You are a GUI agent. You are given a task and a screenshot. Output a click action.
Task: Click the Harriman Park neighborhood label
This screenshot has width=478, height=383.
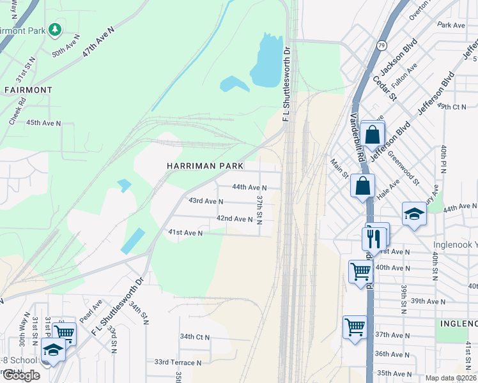204,166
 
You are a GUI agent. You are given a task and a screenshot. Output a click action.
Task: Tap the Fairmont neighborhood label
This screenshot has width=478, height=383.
28,90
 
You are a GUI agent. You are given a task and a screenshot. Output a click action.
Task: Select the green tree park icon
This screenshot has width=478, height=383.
56,29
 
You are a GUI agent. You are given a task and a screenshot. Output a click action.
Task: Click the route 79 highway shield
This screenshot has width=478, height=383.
382,45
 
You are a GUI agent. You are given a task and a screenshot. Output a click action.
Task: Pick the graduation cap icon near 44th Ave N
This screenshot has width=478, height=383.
413,214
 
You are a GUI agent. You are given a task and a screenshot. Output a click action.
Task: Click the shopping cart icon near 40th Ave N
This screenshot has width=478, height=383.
360,271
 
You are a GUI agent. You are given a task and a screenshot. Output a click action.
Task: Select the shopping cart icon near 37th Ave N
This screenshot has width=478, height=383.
355,327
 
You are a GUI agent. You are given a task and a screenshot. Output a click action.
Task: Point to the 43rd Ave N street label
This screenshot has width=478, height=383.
206,201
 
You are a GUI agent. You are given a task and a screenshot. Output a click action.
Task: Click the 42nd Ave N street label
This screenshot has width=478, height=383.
235,219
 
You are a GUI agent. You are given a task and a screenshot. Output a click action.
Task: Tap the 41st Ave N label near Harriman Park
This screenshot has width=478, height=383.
185,234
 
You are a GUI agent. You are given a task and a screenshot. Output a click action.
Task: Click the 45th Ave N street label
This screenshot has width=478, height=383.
43,123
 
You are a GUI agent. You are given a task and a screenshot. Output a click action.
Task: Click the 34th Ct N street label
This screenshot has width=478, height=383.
195,336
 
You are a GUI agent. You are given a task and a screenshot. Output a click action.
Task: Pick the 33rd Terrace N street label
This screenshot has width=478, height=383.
178,362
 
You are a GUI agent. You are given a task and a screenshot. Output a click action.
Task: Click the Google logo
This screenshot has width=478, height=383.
22,375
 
